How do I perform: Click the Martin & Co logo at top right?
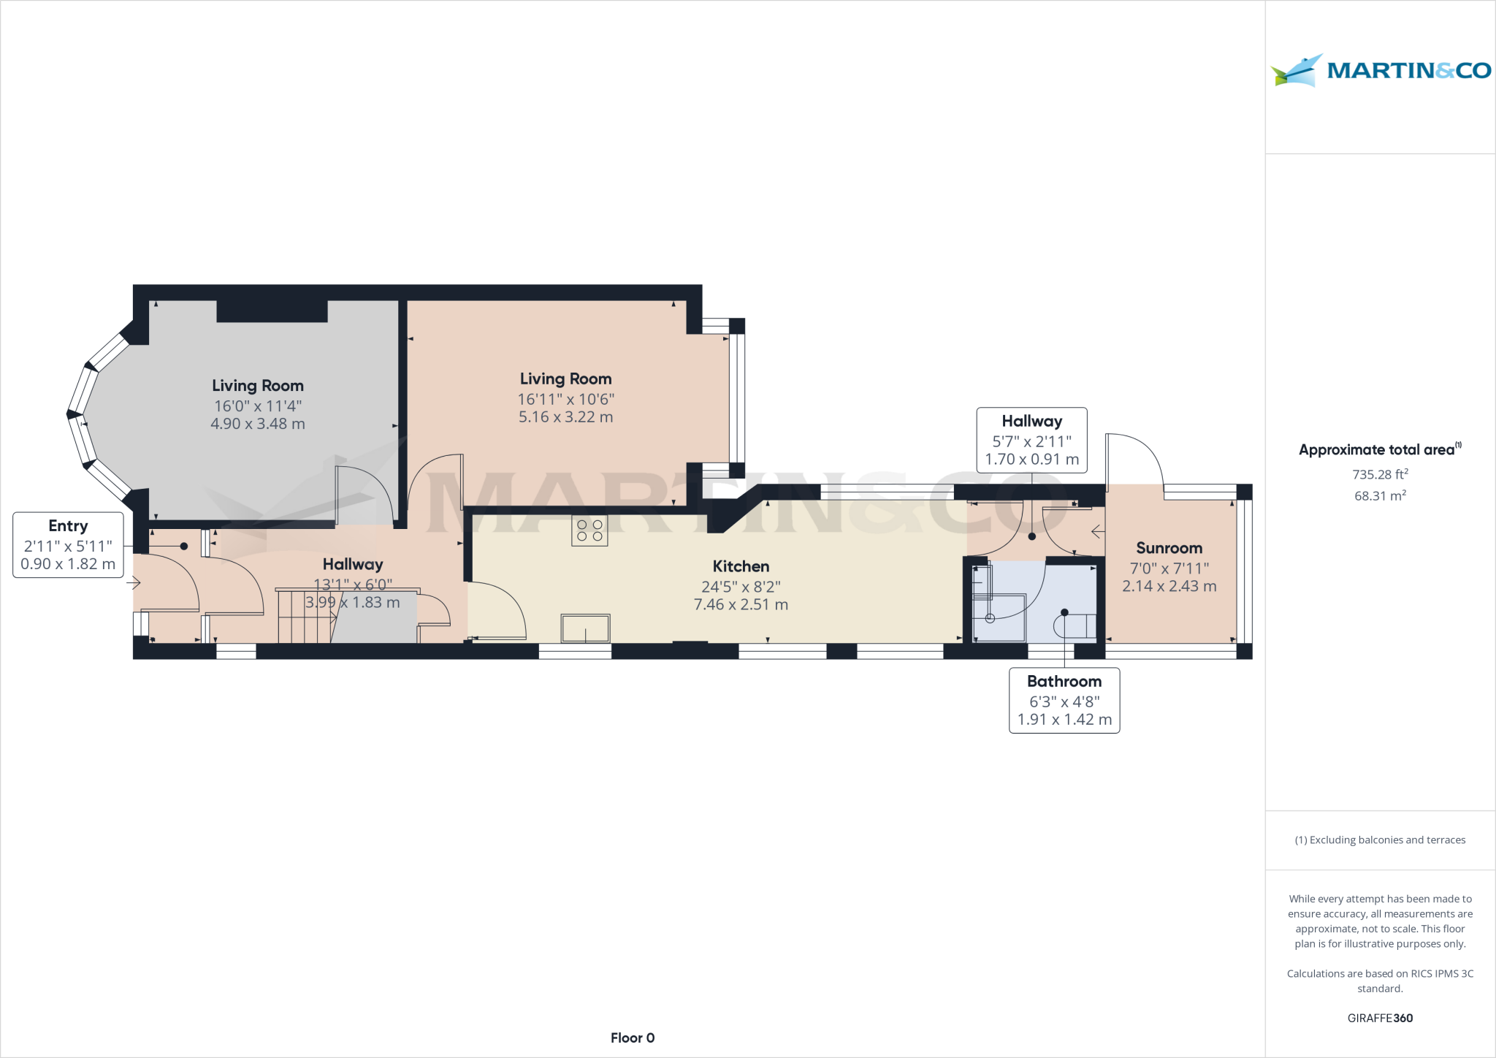[x=1380, y=71]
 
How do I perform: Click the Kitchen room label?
[x=741, y=566]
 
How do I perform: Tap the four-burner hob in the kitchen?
[x=589, y=530]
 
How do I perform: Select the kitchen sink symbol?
[x=585, y=628]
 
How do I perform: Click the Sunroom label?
[x=1169, y=548]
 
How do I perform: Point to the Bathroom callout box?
[x=1064, y=700]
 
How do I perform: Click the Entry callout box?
[x=68, y=545]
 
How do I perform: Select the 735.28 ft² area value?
[x=1379, y=475]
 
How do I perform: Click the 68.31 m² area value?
[x=1379, y=495]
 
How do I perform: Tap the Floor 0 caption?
[x=633, y=1038]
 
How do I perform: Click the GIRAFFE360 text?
[x=1380, y=1018]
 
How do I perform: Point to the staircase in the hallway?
[x=305, y=617]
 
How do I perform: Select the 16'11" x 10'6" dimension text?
[x=565, y=399]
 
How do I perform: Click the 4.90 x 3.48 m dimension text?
[x=257, y=424]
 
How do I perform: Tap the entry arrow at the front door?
[x=133, y=582]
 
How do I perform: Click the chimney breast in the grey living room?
[x=272, y=311]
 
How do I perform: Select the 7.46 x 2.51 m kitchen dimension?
[x=741, y=605]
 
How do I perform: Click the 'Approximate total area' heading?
[x=1376, y=450]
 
